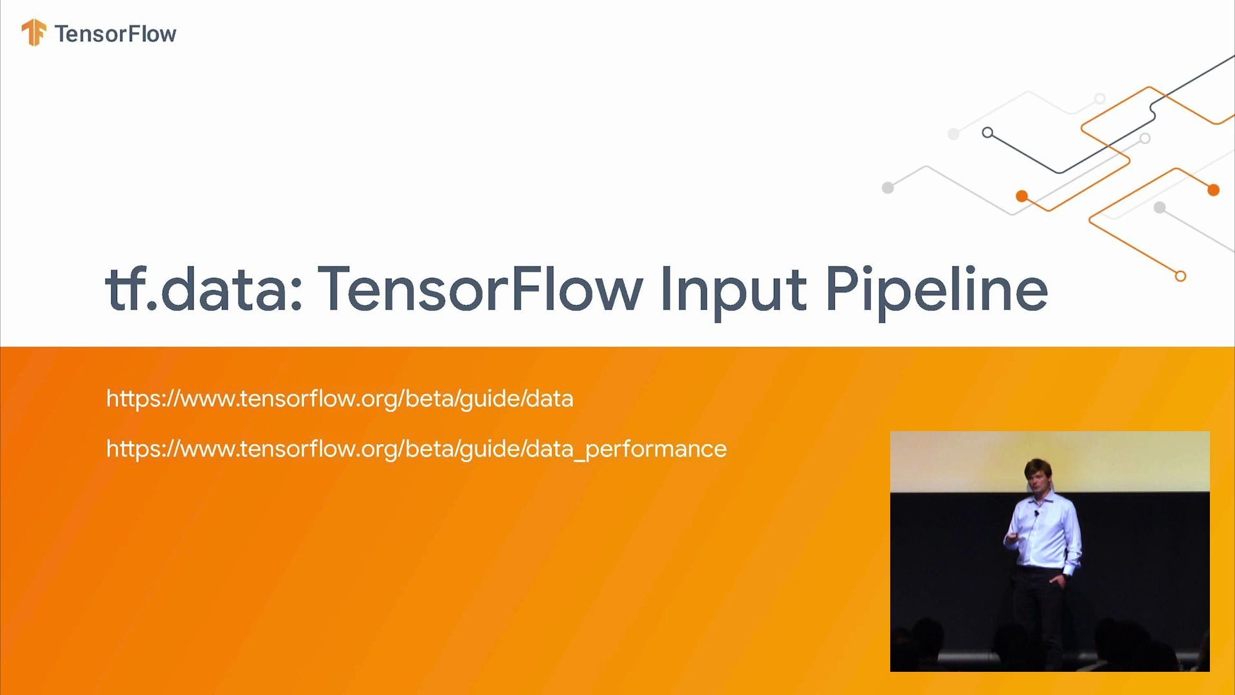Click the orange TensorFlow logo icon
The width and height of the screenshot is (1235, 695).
(x=33, y=32)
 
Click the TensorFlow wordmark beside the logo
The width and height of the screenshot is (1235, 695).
(x=115, y=33)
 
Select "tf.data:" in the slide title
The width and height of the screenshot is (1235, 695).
(x=203, y=289)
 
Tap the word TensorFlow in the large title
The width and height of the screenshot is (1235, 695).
(x=480, y=289)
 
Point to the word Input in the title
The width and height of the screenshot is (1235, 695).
(x=733, y=291)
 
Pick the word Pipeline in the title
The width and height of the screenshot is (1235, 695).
(x=937, y=291)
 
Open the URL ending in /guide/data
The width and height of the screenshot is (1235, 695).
(x=340, y=399)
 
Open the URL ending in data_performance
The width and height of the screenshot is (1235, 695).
(x=416, y=449)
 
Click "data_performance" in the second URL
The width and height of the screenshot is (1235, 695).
(x=626, y=449)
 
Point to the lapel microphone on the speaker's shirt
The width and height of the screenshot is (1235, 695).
(x=1036, y=514)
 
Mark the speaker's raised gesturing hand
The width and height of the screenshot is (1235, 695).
(x=1012, y=537)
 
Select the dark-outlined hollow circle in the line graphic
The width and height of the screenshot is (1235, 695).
(x=987, y=133)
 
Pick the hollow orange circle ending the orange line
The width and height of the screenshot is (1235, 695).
(x=1180, y=276)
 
